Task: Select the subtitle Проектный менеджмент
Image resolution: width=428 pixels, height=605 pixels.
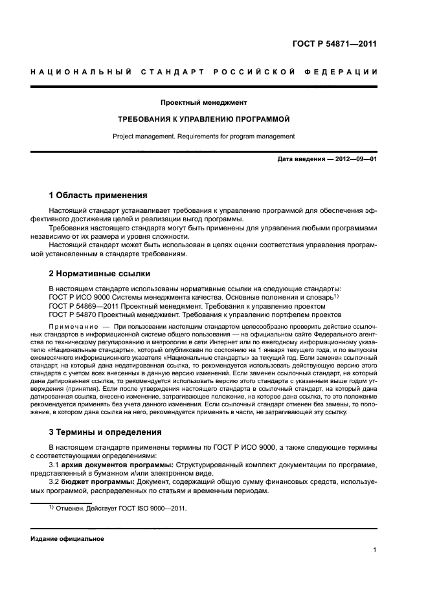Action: pyautogui.click(x=204, y=102)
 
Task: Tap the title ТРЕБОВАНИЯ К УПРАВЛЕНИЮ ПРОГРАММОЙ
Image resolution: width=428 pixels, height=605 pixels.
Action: pyautogui.click(x=203, y=120)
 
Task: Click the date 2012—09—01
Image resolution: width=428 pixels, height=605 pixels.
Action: pyautogui.click(x=354, y=159)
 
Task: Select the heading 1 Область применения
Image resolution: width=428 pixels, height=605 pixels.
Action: pyautogui.click(x=98, y=195)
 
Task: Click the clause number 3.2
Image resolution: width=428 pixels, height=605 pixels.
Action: pyautogui.click(x=55, y=483)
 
